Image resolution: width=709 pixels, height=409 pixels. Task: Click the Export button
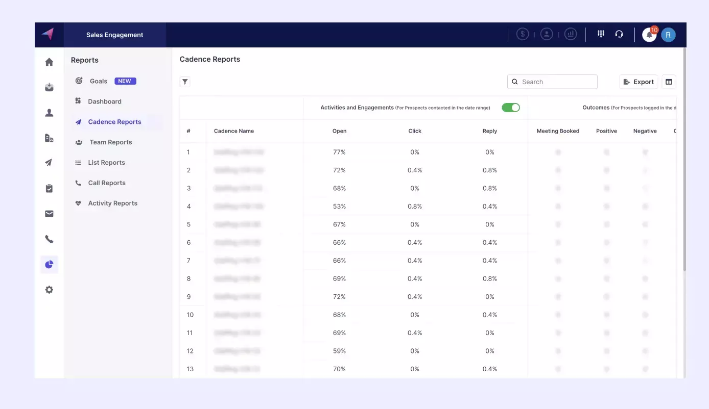tap(639, 82)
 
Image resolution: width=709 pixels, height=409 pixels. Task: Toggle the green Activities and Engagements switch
tap(510, 108)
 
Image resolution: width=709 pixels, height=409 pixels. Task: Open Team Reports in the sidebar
tap(110, 142)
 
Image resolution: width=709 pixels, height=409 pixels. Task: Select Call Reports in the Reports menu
tap(106, 183)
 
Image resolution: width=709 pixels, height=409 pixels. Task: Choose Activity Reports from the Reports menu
tap(112, 203)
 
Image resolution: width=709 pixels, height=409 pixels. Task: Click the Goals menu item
tap(99, 81)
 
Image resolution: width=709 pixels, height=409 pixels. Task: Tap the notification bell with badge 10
tap(649, 35)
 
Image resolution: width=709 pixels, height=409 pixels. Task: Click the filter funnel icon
tap(185, 82)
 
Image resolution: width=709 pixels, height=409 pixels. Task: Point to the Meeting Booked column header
tap(558, 131)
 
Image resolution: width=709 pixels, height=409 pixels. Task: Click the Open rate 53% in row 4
tap(339, 207)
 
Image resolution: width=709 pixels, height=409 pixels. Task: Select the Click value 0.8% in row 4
tap(415, 207)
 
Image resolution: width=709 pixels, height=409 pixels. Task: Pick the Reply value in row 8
tap(489, 279)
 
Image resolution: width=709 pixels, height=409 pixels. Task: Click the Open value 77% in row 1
tap(339, 152)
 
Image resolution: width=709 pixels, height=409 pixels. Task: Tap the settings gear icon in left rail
tap(49, 290)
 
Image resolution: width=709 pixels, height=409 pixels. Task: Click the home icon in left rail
tap(49, 62)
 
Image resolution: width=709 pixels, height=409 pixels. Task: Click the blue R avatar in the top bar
tap(668, 35)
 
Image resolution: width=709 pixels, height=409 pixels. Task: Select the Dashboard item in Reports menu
tap(104, 101)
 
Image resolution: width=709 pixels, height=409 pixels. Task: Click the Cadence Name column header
tap(234, 131)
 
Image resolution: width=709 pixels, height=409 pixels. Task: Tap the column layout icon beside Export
tap(669, 82)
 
